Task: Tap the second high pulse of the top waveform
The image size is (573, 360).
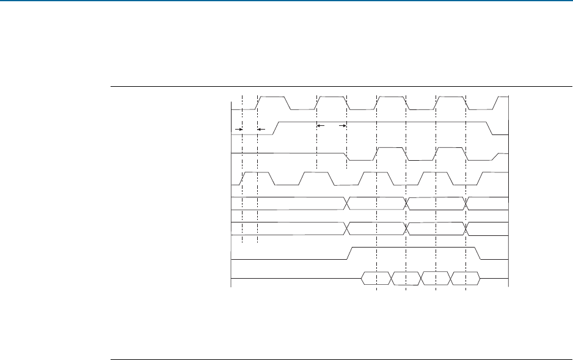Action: [x=331, y=97]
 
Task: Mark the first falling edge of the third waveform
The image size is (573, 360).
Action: [x=349, y=155]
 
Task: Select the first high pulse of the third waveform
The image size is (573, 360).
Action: [x=392, y=148]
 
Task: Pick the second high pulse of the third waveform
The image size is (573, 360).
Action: [x=450, y=148]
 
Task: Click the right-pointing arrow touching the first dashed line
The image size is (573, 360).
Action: [x=239, y=130]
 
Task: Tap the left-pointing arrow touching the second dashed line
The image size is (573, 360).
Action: [x=261, y=130]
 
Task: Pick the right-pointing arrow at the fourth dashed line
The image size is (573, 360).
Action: [x=343, y=125]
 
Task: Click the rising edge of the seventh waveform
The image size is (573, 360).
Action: [x=351, y=252]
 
